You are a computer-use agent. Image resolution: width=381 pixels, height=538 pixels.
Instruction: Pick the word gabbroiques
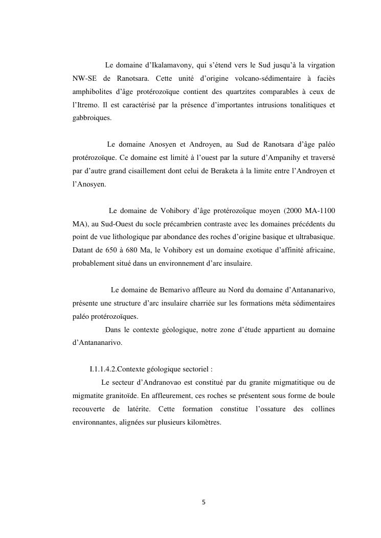pyautogui.click(x=91, y=118)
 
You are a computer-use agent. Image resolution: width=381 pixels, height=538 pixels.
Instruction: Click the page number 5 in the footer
pyautogui.click(x=204, y=502)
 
